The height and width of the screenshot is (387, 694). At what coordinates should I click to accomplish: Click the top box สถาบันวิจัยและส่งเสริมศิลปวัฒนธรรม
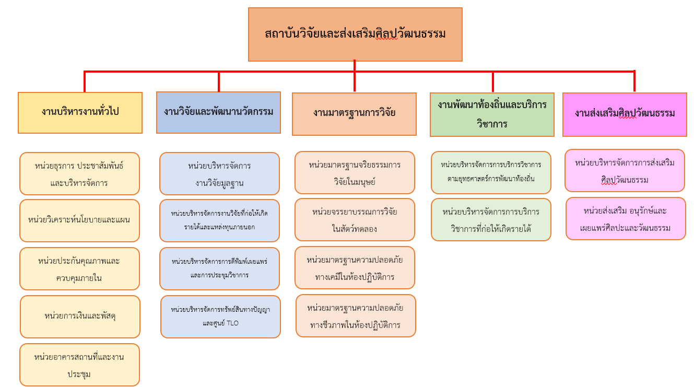coord(355,34)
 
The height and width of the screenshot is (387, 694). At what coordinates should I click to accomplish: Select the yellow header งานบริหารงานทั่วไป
coord(80,113)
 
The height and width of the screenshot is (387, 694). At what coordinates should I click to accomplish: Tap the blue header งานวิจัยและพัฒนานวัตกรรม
coord(218,112)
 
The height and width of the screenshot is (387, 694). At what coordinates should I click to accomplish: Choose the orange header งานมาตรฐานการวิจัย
coord(354,114)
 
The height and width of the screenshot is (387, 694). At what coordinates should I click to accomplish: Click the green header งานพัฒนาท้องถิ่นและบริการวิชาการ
coord(492,114)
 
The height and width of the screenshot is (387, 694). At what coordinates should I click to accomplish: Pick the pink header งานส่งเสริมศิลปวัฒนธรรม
coord(625,114)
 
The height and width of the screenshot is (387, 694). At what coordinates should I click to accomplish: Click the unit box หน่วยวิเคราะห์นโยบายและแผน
coord(79,220)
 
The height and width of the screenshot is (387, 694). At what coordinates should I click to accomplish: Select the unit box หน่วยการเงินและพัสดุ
coord(80,316)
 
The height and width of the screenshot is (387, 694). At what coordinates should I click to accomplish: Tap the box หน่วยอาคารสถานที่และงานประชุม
coord(79,365)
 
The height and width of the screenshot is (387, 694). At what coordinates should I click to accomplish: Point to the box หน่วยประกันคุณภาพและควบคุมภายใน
coord(79,268)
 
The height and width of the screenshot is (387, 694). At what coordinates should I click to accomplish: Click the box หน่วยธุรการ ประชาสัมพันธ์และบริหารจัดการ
coord(79,173)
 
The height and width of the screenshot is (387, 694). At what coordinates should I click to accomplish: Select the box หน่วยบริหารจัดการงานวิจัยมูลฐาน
coord(219,173)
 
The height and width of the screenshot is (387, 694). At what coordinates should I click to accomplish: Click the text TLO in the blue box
coord(232,323)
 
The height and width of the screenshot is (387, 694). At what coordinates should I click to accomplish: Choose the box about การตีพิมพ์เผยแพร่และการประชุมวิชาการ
coord(219,268)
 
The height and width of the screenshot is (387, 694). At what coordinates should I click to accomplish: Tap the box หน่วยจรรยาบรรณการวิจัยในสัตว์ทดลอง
coord(355,219)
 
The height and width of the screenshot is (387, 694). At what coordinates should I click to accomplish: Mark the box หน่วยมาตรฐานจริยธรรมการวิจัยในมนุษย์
coord(355,172)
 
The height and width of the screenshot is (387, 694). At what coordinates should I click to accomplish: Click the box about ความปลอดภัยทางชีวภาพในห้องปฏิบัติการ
coord(356,315)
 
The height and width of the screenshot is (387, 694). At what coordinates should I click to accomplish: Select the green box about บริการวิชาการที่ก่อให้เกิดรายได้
coord(491,219)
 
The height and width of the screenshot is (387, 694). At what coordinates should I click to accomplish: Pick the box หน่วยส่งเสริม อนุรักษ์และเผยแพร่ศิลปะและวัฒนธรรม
coord(626,218)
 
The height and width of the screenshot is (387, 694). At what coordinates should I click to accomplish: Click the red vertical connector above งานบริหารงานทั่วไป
coord(85,81)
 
